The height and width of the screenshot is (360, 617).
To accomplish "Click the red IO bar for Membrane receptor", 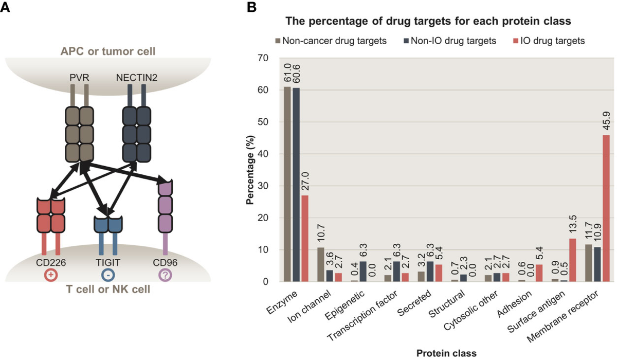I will (605, 208).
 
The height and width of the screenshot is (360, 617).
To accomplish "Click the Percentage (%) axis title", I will (250, 170).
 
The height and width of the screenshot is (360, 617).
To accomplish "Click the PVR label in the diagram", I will (78, 77).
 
